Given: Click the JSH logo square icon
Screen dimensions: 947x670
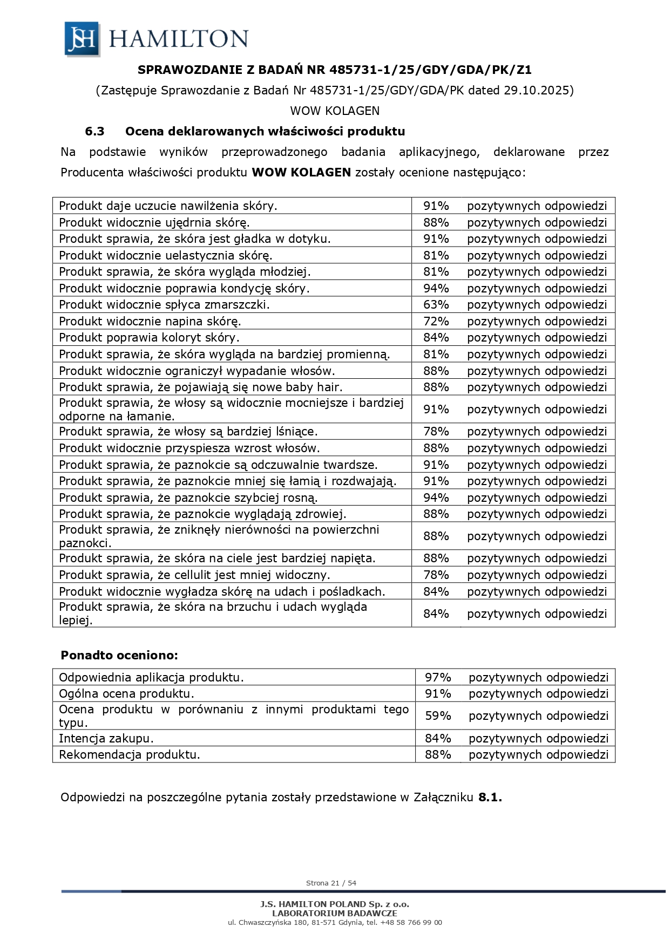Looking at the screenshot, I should (x=82, y=39).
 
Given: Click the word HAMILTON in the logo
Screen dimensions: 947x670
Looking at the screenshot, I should (x=179, y=39).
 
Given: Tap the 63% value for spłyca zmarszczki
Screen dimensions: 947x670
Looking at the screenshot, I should (x=436, y=304).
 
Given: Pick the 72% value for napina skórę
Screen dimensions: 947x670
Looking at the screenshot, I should (x=436, y=321).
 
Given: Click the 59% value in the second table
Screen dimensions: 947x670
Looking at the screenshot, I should (x=438, y=716).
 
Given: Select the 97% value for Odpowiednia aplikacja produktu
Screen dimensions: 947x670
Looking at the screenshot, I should (x=438, y=677).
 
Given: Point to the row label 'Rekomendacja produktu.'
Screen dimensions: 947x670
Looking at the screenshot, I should (x=130, y=754).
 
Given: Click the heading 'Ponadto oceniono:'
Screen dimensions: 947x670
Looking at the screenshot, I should (x=119, y=655).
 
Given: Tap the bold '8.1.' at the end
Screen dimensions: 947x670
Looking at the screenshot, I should (x=490, y=797).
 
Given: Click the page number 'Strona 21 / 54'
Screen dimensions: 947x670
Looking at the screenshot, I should (x=331, y=883).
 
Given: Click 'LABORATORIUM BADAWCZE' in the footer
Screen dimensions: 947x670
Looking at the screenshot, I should (x=335, y=913).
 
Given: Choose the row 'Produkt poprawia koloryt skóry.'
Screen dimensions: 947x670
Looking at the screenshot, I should (x=149, y=337).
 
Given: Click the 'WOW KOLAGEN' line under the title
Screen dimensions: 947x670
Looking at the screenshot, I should (x=335, y=111).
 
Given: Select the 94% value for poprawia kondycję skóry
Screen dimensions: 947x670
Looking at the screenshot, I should (x=436, y=288).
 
